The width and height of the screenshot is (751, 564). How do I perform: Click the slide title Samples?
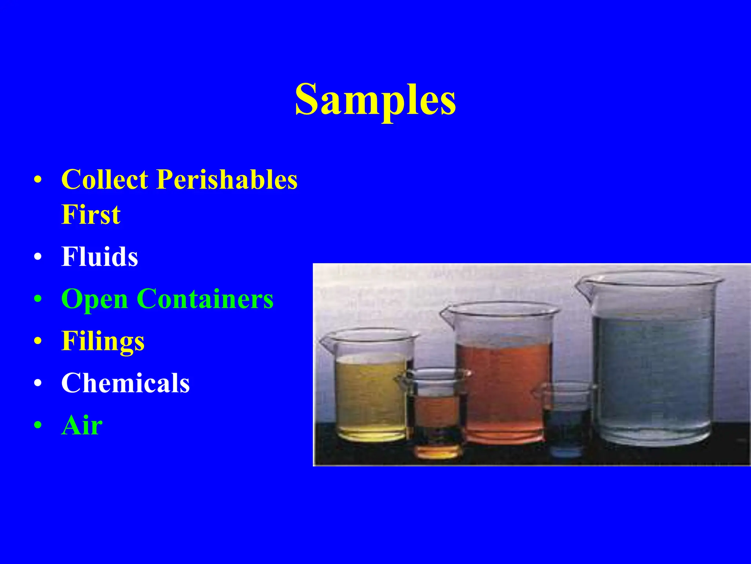(x=375, y=99)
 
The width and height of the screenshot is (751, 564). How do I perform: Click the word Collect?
(x=105, y=180)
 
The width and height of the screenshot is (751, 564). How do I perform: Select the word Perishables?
(x=227, y=180)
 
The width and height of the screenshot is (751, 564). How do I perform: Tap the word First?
(x=91, y=214)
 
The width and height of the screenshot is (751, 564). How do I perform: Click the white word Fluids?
(x=99, y=257)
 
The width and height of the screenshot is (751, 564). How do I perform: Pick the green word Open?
(x=94, y=299)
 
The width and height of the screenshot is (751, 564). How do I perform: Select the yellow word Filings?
(x=103, y=341)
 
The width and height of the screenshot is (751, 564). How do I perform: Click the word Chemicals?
(x=125, y=383)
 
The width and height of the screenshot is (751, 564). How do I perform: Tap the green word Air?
(x=82, y=425)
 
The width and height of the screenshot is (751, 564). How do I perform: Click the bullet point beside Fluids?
(x=38, y=257)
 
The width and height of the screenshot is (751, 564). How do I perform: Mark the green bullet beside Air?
(x=38, y=425)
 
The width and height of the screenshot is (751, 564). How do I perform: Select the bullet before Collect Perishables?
(x=38, y=180)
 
